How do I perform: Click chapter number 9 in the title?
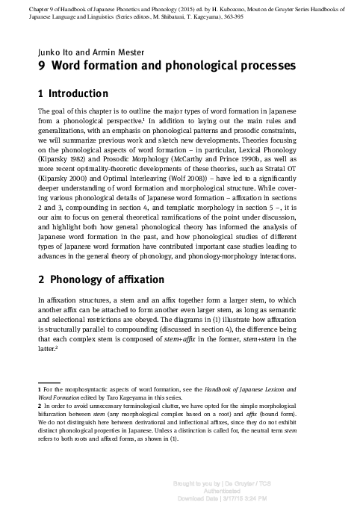(x=41, y=66)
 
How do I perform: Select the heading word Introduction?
(x=78, y=94)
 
